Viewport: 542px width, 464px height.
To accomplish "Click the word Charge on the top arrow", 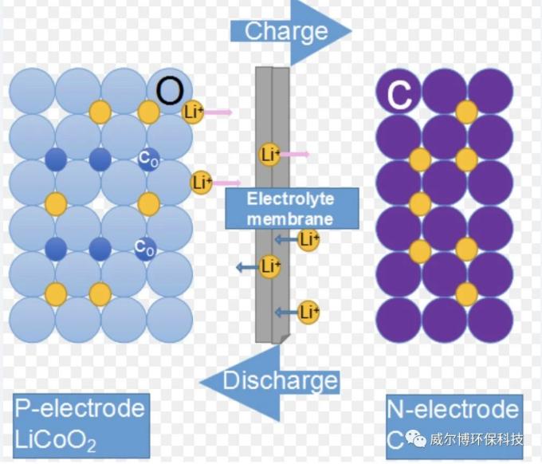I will pos(286,32).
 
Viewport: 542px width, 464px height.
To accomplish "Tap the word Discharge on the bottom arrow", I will pos(280,381).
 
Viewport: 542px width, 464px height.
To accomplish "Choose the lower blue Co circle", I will pos(145,249).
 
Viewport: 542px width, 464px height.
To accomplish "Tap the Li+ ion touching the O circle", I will pos(194,112).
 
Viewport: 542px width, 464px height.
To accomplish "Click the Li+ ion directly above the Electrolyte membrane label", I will pos(270,155).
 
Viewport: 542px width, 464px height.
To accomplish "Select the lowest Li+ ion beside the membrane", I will pos(308,311).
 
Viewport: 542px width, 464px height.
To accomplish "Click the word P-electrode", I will pos(81,409).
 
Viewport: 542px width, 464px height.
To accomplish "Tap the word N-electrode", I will pos(453,410).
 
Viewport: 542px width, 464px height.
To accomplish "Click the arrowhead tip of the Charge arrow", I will pos(349,32).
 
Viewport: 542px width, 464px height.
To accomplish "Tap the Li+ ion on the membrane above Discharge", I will pos(271,266).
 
